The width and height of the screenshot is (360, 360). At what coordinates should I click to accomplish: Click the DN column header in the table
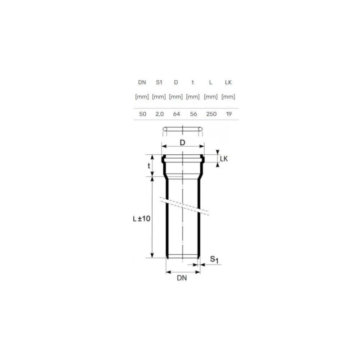click(x=142, y=82)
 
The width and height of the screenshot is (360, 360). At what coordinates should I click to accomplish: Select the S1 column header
click(x=159, y=82)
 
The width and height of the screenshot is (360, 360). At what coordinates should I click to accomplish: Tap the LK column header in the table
click(x=228, y=82)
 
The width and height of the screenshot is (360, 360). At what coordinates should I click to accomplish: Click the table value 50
click(x=143, y=114)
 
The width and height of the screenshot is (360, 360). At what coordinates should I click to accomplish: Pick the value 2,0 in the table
click(x=160, y=114)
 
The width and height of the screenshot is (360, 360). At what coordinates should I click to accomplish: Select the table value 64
click(x=176, y=114)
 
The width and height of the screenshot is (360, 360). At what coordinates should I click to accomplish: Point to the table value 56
click(x=193, y=114)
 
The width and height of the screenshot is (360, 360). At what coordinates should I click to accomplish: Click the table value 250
click(x=211, y=114)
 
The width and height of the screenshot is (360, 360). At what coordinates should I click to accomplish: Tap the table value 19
click(x=229, y=114)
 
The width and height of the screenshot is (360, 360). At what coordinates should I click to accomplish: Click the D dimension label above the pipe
click(x=182, y=143)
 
